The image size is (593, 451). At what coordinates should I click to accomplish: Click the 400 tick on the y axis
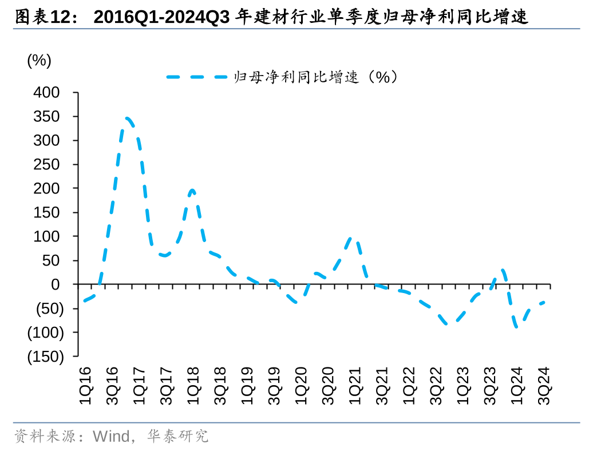tap(47, 93)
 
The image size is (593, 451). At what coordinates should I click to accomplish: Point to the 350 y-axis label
tap(47, 117)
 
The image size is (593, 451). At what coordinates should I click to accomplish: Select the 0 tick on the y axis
tap(55, 284)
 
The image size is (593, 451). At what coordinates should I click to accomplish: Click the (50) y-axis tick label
tap(45, 308)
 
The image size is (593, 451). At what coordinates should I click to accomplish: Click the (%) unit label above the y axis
tap(39, 61)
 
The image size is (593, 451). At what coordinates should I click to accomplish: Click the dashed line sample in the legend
tap(197, 77)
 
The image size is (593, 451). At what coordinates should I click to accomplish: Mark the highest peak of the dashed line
tap(128, 118)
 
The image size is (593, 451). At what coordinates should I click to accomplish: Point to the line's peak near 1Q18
tap(192, 190)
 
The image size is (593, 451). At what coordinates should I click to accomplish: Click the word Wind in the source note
tap(111, 437)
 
